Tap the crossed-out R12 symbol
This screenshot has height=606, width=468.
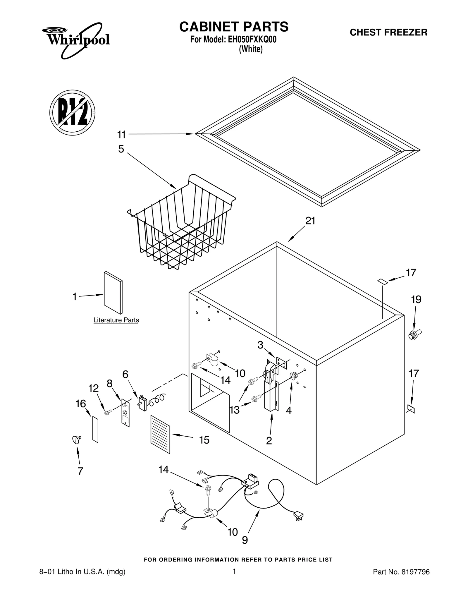click(72, 112)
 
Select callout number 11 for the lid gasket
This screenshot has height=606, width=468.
click(121, 135)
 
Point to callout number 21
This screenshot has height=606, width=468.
click(310, 221)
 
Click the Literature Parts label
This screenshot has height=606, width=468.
click(116, 320)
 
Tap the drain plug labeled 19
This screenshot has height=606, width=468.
click(415, 334)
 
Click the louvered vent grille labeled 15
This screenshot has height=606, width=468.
click(160, 434)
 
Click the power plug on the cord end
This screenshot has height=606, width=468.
click(298, 516)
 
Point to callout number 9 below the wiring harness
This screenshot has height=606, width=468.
click(245, 540)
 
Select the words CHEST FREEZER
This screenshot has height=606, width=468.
click(388, 32)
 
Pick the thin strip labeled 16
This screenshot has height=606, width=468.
click(95, 429)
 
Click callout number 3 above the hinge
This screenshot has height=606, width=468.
click(260, 345)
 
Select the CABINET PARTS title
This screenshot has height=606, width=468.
click(234, 27)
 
